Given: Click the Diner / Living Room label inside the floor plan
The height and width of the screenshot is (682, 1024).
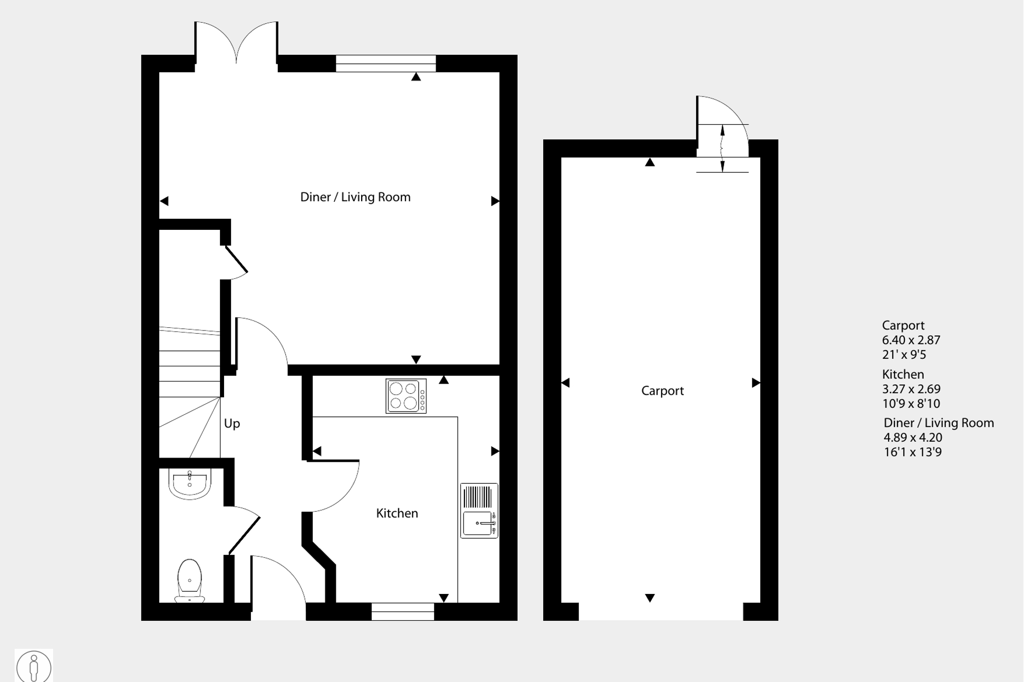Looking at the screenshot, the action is point(355,197).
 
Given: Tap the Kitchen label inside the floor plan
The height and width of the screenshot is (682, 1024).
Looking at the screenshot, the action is point(397,513).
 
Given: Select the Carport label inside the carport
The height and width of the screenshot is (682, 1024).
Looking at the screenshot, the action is point(662,391).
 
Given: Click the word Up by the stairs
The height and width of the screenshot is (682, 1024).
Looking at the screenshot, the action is point(232,424).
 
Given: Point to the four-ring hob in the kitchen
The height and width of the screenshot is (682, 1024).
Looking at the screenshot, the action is point(406,396).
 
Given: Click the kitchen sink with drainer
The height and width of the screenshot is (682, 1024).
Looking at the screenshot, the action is point(479,511).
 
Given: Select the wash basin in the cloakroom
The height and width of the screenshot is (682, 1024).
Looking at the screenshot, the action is point(190,483).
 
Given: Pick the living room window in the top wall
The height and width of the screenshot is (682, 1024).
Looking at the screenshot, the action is point(386,63).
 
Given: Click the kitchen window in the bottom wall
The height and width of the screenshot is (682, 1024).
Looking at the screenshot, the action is point(403,611).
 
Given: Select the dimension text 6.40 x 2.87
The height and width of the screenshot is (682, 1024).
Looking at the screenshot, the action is point(911,340).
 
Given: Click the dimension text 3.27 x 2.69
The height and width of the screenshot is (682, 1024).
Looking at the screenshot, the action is point(911,389).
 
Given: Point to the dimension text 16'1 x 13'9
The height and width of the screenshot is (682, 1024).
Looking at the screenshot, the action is point(913,452).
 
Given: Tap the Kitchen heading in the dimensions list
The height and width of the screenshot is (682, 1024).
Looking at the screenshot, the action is point(903,375).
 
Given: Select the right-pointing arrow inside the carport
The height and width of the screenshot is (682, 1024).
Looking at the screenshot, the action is point(756,383).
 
